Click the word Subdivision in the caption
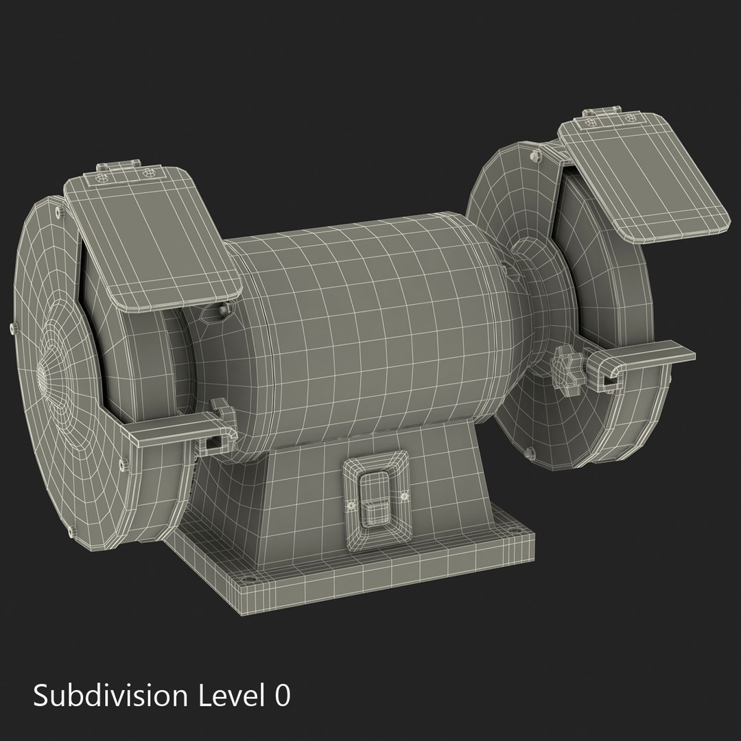[x=110, y=696]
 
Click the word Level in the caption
[x=227, y=696]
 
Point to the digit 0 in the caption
[x=282, y=696]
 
